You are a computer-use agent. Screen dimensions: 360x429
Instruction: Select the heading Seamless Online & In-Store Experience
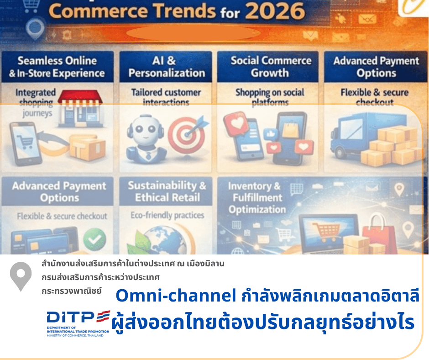(57, 67)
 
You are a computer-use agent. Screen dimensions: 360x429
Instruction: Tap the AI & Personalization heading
(166, 67)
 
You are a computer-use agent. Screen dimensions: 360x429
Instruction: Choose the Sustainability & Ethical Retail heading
(167, 191)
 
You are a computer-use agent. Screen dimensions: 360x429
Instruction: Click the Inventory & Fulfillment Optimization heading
(256, 198)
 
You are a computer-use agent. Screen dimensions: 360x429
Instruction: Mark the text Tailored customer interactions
(166, 97)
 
